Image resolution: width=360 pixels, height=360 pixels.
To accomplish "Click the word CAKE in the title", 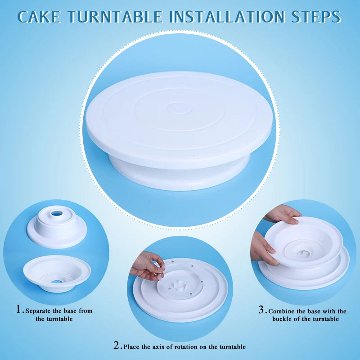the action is pyautogui.click(x=39, y=17).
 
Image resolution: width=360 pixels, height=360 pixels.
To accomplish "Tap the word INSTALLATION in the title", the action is pyautogui.click(x=227, y=17).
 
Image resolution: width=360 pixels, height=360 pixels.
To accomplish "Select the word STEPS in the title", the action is pyautogui.click(x=316, y=17).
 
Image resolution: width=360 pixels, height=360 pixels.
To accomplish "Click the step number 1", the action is pyautogui.click(x=19, y=309).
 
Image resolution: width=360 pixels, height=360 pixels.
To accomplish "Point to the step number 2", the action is pyautogui.click(x=117, y=345).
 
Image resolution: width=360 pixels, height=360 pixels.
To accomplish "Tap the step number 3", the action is pyautogui.click(x=261, y=310).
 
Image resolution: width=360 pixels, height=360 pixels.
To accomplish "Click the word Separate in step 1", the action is pyautogui.click(x=38, y=311).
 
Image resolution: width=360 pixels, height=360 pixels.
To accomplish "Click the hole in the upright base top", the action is pyautogui.click(x=57, y=214).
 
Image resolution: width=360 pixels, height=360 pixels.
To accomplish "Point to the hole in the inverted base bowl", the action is pyautogui.click(x=57, y=282).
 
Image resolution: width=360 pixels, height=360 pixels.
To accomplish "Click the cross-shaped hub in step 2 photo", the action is pyautogui.click(x=179, y=286).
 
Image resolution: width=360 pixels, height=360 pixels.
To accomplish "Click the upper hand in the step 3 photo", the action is pyautogui.click(x=283, y=214).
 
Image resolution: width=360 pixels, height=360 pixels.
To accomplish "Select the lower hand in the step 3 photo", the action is pyautogui.click(x=263, y=250).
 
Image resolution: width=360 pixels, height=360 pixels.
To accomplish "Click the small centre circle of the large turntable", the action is pyautogui.click(x=179, y=108).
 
